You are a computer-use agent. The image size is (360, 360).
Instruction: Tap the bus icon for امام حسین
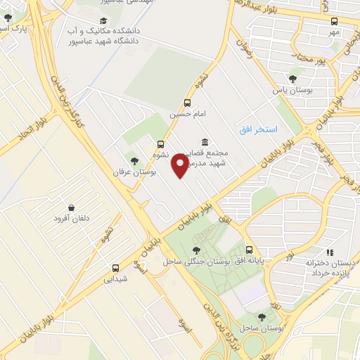tap(187, 102)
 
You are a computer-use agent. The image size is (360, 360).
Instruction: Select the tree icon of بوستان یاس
tap(292, 79)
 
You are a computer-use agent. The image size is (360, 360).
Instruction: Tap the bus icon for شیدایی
tap(115, 268)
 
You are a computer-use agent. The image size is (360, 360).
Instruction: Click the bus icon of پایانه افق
tap(250, 250)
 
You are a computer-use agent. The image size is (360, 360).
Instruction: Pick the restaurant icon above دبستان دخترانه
tap(330, 252)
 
